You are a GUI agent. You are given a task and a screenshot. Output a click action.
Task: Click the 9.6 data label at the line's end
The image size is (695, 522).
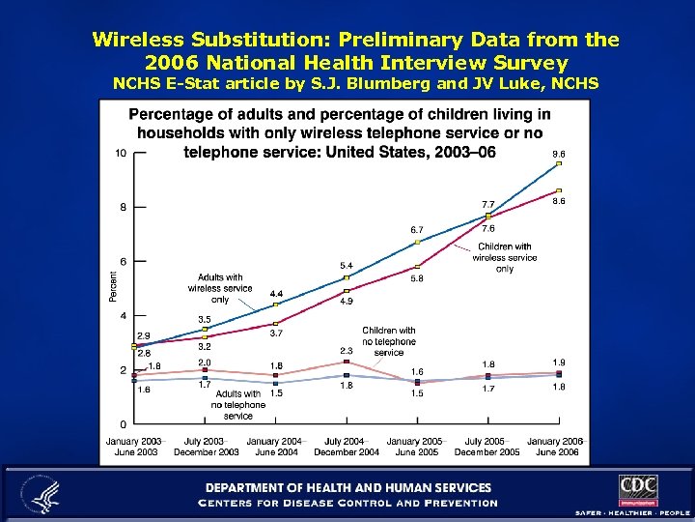(x=558, y=154)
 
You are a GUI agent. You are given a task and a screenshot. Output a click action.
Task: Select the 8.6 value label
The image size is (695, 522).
(x=558, y=202)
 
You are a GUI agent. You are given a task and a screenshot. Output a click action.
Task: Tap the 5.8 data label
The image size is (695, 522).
(x=417, y=278)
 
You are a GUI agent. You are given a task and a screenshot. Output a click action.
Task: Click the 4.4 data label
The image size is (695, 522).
(x=276, y=293)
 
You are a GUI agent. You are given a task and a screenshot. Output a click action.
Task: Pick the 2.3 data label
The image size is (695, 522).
(x=347, y=350)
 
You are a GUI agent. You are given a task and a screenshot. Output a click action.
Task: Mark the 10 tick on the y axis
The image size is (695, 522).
(x=120, y=154)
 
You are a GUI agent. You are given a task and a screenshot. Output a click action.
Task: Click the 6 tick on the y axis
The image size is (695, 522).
(x=122, y=261)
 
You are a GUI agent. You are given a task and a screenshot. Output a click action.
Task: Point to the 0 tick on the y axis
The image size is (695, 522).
(x=122, y=424)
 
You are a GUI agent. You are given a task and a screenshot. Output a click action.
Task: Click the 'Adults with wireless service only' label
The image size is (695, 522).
(x=220, y=288)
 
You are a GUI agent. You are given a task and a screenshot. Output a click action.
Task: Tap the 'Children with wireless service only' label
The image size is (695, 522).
(x=504, y=258)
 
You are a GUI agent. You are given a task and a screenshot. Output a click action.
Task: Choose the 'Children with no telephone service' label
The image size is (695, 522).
(x=389, y=341)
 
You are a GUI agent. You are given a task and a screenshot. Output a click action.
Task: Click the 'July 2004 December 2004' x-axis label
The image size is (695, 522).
(x=347, y=447)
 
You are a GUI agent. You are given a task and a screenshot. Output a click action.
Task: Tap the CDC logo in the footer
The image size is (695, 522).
(x=638, y=488)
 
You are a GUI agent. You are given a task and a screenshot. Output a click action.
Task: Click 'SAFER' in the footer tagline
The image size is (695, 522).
(x=590, y=511)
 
